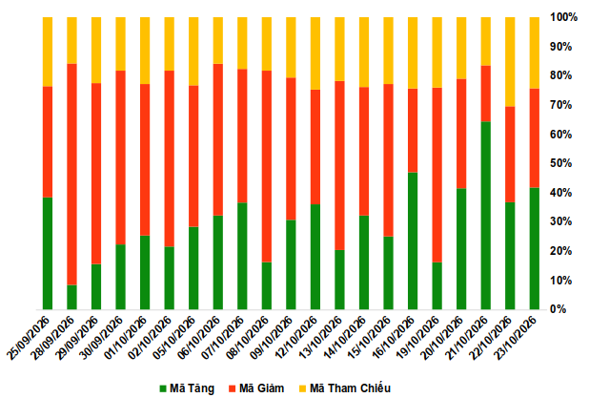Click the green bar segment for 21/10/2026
[485, 216]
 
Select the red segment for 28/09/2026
[71, 175]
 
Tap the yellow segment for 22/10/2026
[510, 62]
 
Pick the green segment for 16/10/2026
[413, 241]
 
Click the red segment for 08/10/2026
[267, 166]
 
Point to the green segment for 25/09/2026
[48, 253]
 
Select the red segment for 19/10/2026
[437, 175]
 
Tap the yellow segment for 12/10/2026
[315, 53]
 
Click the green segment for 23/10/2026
[534, 248]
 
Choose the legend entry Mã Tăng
[187, 388]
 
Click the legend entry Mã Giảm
[256, 388]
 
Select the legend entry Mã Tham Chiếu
[345, 388]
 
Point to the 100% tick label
[563, 17]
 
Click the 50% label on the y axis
[560, 163]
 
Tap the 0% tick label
[559, 309]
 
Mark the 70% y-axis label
[560, 105]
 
